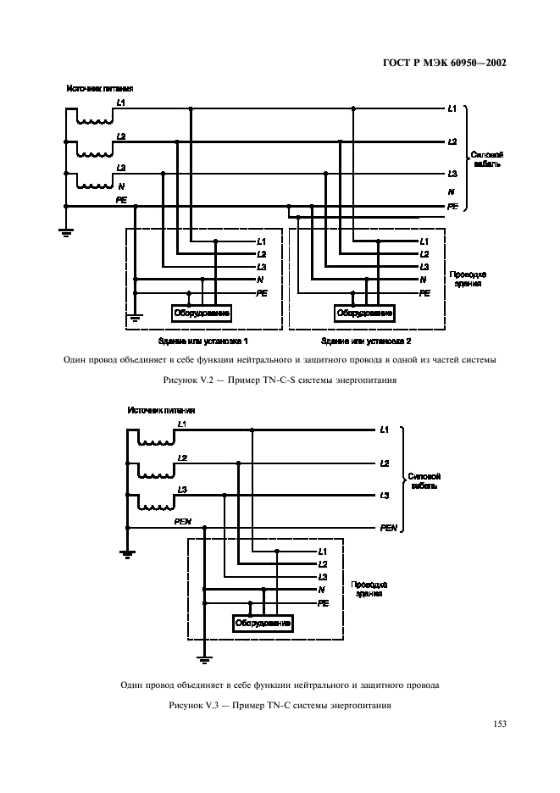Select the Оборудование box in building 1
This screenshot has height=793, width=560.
(x=202, y=313)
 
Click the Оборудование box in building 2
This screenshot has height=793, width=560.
(x=364, y=313)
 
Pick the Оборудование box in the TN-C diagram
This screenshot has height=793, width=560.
(x=263, y=623)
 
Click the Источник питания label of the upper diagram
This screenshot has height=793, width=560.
(x=100, y=88)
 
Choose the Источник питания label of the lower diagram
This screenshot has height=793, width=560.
(x=161, y=411)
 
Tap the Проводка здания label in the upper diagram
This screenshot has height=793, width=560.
(x=467, y=280)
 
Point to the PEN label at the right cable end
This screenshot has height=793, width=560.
(x=389, y=527)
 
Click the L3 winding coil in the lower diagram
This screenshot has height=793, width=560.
(x=156, y=506)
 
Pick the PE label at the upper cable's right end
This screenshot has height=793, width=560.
(x=452, y=206)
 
